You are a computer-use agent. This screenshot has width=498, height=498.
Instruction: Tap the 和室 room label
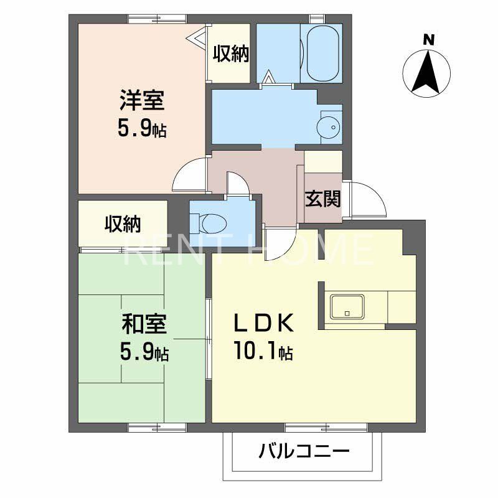(x=143, y=324)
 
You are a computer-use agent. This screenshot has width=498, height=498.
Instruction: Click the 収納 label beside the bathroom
(x=231, y=55)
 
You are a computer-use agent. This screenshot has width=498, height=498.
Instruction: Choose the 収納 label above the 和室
(x=122, y=223)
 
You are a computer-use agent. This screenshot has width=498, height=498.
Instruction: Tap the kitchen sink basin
(x=347, y=306)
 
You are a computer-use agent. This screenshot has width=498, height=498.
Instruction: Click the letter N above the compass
(x=428, y=40)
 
